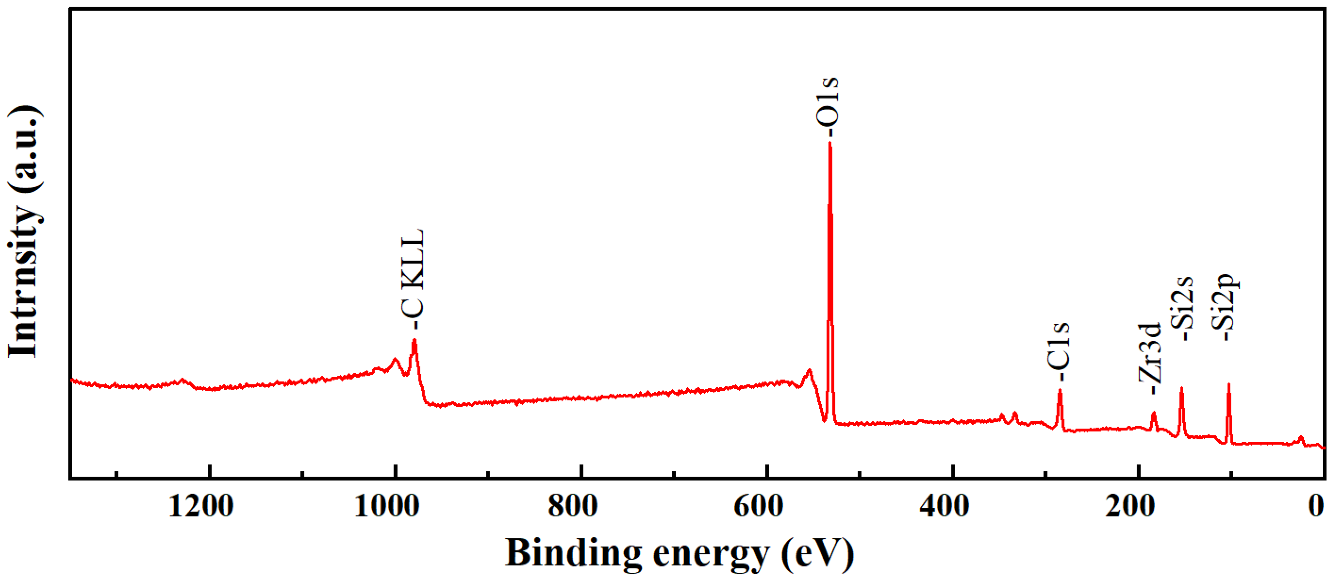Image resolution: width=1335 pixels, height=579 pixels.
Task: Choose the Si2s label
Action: click(x=1183, y=308)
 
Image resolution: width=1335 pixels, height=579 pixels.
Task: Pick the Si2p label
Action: click(x=1226, y=306)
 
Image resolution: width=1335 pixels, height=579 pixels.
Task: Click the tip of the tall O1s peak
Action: click(x=830, y=143)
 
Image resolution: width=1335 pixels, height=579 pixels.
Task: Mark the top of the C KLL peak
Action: click(x=414, y=340)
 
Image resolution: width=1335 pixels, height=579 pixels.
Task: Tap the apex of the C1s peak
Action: click(x=1060, y=390)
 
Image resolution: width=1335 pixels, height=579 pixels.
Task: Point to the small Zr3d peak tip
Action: click(x=1154, y=413)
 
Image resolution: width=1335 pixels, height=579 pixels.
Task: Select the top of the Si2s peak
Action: click(x=1181, y=388)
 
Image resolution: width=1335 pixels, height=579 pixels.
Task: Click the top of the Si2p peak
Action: click(x=1229, y=385)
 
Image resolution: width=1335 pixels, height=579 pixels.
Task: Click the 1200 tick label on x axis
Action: click(x=201, y=506)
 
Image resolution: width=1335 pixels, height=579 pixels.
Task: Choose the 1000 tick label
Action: click(x=386, y=506)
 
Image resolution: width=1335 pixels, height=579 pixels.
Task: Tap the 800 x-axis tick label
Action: click(x=573, y=506)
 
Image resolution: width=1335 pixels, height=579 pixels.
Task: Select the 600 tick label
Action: click(x=759, y=506)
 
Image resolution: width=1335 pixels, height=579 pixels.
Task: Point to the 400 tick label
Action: click(x=944, y=506)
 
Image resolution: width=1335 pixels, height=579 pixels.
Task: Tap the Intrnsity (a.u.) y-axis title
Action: click(x=23, y=231)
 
